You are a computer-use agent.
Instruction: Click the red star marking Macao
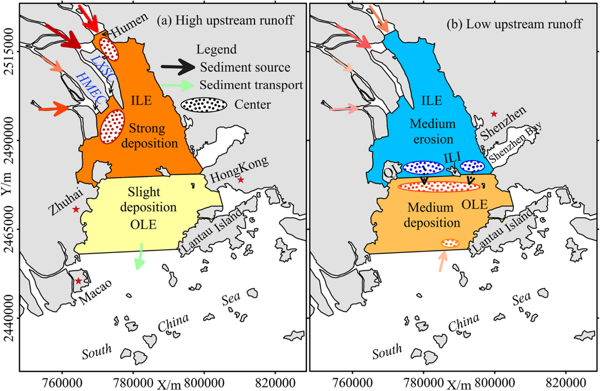tap(78, 281)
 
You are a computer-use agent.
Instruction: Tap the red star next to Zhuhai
tap(76, 209)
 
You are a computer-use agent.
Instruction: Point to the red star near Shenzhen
tap(494, 114)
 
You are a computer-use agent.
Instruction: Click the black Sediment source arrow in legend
tap(178, 67)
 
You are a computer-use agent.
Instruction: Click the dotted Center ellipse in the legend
tap(204, 105)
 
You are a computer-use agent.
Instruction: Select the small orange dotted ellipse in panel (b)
tap(450, 243)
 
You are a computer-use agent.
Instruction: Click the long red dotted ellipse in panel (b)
tap(439, 186)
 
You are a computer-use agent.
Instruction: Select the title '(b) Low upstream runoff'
tap(514, 24)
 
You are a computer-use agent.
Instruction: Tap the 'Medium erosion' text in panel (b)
tap(433, 131)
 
